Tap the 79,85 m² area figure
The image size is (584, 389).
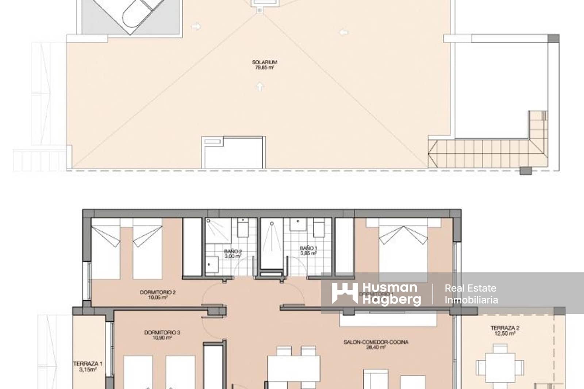[x=264, y=68]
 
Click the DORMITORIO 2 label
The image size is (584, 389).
[x=158, y=292]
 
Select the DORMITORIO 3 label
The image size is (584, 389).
[x=162, y=332]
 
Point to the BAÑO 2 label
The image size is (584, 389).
[x=233, y=251]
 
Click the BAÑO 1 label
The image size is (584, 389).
[x=308, y=248]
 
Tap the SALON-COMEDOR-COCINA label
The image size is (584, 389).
[x=376, y=342]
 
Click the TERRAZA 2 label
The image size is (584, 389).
[x=505, y=328]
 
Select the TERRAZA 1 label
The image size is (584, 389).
[x=88, y=364]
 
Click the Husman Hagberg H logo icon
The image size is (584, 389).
[x=344, y=293]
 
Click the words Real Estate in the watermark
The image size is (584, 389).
[x=470, y=288]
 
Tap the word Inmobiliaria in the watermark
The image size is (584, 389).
[x=471, y=300]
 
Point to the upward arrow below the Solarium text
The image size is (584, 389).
[x=260, y=87]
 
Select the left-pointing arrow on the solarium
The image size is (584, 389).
[x=344, y=32]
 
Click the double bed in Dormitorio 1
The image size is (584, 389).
[x=403, y=252]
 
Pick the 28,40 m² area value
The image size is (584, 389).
[x=376, y=347]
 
